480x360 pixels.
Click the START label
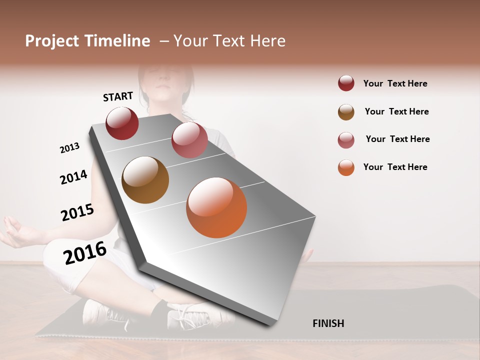[x=118, y=96]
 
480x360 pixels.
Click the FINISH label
[x=328, y=323]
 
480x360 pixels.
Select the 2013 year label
[x=69, y=148]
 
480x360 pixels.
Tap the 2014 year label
[x=73, y=177]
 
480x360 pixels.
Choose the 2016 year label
[x=85, y=253]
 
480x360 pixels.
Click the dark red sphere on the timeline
[x=122, y=123]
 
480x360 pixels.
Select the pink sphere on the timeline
[x=189, y=140]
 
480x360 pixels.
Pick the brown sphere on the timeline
[x=145, y=180]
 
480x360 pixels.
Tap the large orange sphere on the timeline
[x=216, y=207]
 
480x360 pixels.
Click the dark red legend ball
[x=346, y=83]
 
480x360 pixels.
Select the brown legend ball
[x=346, y=112]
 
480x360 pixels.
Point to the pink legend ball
[x=346, y=140]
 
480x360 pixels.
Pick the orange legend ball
[x=346, y=167]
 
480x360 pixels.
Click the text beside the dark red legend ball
[x=395, y=83]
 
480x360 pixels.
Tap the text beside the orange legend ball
[x=395, y=167]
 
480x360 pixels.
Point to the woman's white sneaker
[x=192, y=315]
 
